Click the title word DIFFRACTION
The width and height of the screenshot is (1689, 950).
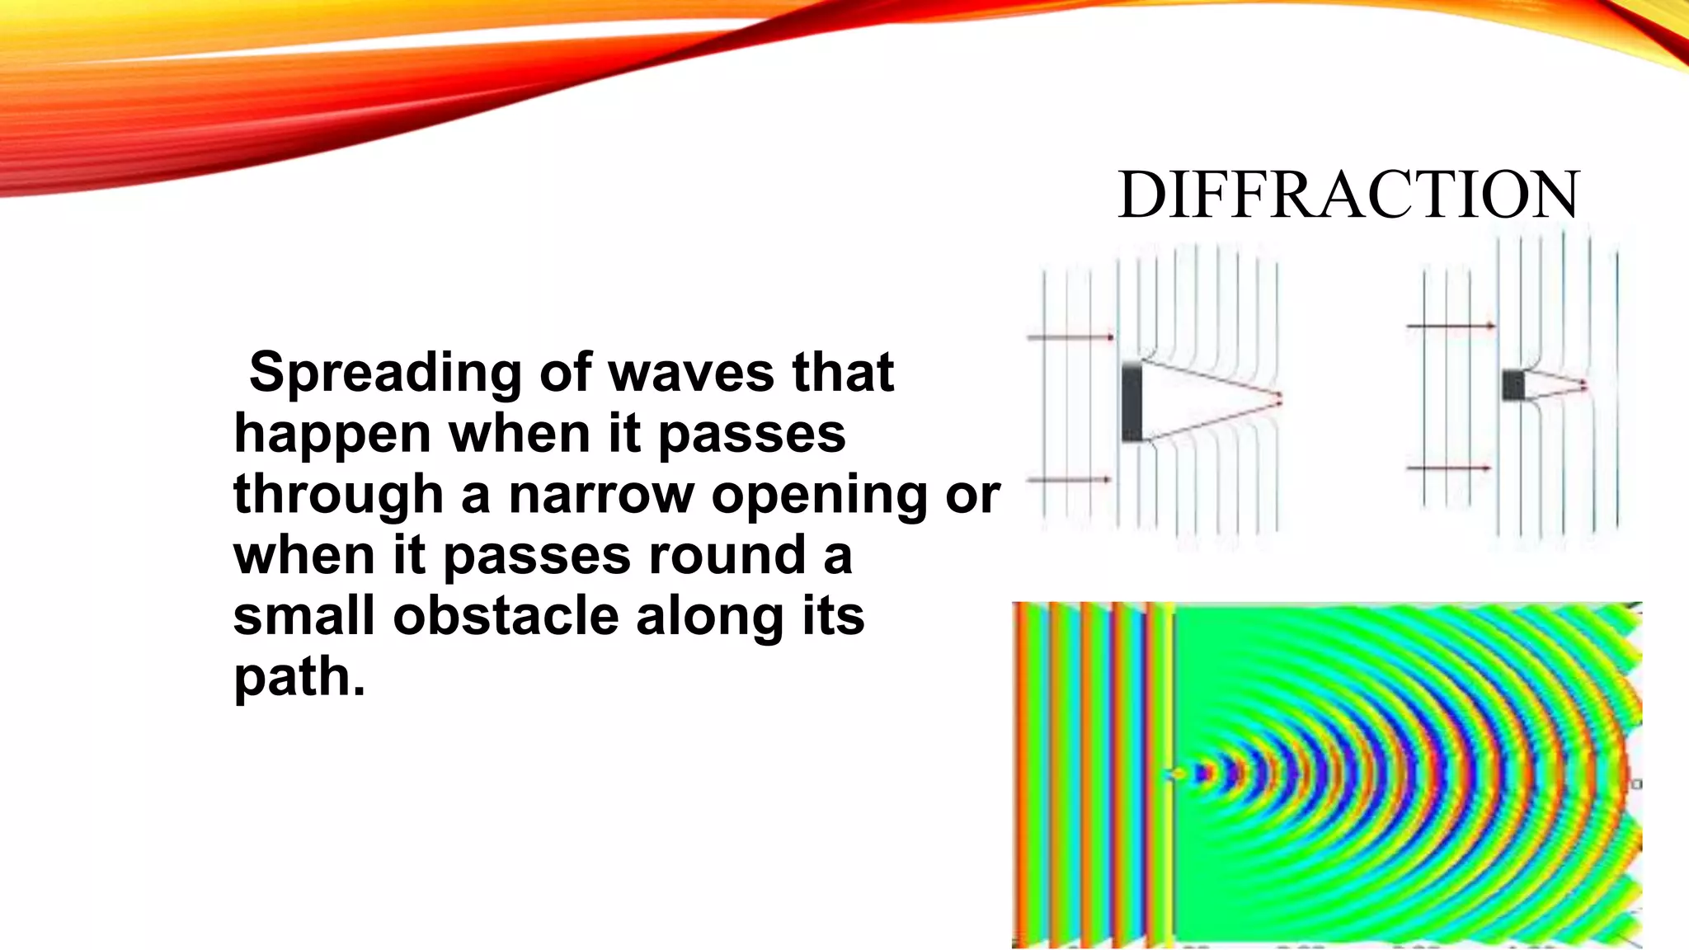1348,195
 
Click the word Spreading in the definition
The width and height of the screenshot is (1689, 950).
385,372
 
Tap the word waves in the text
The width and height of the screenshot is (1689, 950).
691,372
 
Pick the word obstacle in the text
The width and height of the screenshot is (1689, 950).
505,616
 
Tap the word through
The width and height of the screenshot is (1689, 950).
338,496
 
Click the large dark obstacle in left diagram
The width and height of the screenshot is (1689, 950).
1131,402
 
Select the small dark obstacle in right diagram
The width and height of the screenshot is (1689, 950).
1513,385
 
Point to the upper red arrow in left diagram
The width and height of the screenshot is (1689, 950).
1070,336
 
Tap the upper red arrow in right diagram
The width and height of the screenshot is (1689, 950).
1451,326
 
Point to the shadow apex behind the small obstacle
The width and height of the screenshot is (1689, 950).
1584,384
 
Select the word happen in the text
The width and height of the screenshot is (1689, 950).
332,434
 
